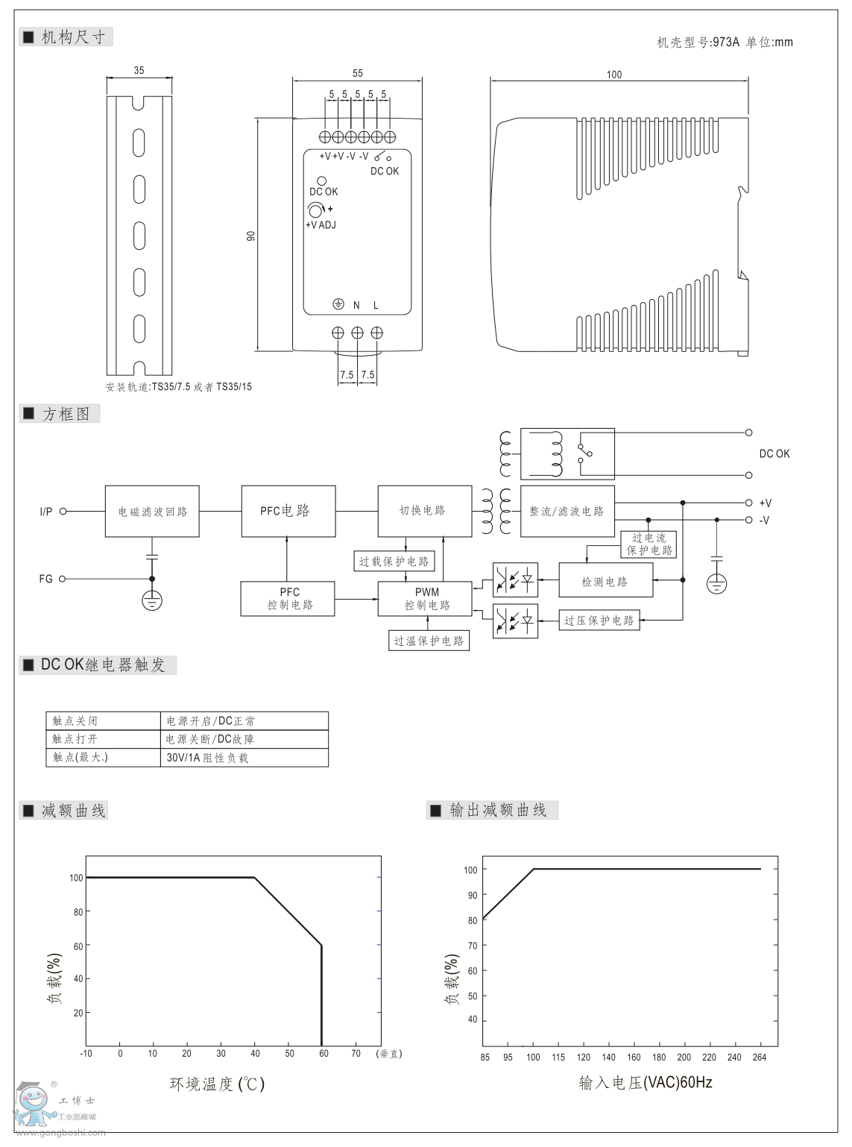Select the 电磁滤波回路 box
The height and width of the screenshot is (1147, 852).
[x=152, y=512]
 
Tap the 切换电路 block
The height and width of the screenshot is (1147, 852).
[x=424, y=511]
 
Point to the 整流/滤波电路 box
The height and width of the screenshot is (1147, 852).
[x=567, y=511]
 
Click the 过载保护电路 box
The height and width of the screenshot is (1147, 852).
[x=394, y=562]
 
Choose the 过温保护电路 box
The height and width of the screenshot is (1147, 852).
[x=429, y=641]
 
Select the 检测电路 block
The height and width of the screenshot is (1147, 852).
[x=605, y=581]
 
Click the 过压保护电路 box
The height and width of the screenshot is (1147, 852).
[x=599, y=620]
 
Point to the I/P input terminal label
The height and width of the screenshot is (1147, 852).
[x=46, y=512]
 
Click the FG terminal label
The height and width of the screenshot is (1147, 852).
[x=46, y=579]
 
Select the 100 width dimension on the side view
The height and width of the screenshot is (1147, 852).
[x=613, y=75]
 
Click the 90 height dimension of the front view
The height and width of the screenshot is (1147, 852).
[x=251, y=235]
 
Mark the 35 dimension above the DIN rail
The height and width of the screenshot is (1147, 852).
[x=139, y=71]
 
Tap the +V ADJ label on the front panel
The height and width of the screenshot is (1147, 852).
[x=321, y=224]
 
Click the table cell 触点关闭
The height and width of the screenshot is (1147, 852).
[x=75, y=721]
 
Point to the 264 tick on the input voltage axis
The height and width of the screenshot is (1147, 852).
[x=760, y=1058]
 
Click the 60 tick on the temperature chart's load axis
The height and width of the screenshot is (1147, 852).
[x=77, y=946]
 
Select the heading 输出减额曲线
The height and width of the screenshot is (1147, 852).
[x=498, y=810]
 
